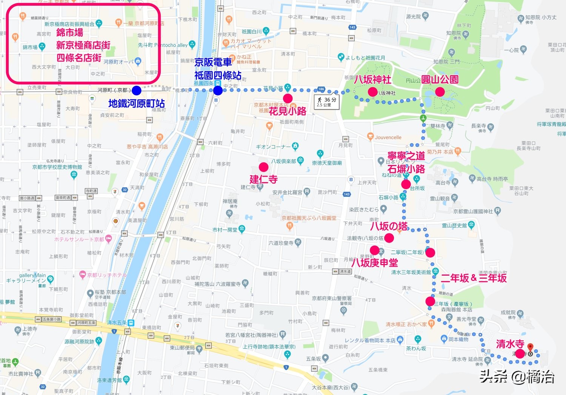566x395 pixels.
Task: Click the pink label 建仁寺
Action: coord(263,179)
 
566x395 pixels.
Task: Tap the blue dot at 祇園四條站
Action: coord(218,91)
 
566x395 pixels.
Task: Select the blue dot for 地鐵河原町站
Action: coord(137,90)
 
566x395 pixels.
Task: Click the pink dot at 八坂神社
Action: coord(372,92)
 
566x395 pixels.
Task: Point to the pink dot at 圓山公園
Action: coord(440,92)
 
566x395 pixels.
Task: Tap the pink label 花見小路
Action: coord(288,111)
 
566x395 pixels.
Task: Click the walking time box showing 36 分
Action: coord(327,101)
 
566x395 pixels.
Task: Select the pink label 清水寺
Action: coord(510,344)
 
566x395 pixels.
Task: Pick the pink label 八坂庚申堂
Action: coord(375,262)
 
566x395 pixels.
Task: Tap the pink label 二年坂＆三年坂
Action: coord(474,278)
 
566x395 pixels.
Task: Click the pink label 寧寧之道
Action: coord(406,156)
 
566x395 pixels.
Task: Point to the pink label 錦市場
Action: coord(70,32)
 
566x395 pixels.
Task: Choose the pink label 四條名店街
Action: coord(79,58)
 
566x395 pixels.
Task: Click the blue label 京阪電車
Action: coord(213,62)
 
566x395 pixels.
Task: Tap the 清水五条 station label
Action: coord(117,323)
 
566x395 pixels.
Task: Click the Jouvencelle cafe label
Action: coord(388,137)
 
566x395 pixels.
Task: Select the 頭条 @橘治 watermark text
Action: coord(517,376)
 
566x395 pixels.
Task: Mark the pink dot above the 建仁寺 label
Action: coord(263,167)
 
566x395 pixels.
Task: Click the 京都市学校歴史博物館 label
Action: coord(57,167)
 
